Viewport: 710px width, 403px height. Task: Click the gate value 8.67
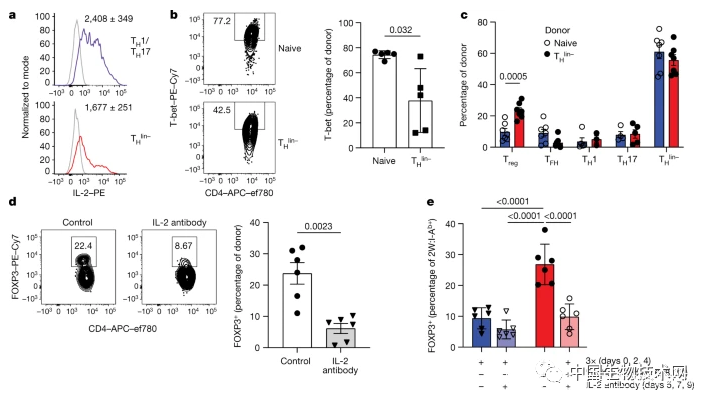[180, 231]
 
